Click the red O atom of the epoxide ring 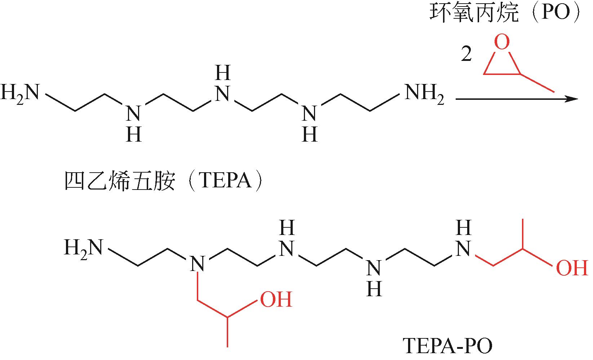coord(502,42)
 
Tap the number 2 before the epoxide coord(466,55)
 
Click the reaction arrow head coord(572,98)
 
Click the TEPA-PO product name coord(447,346)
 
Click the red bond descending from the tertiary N coord(198,287)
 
